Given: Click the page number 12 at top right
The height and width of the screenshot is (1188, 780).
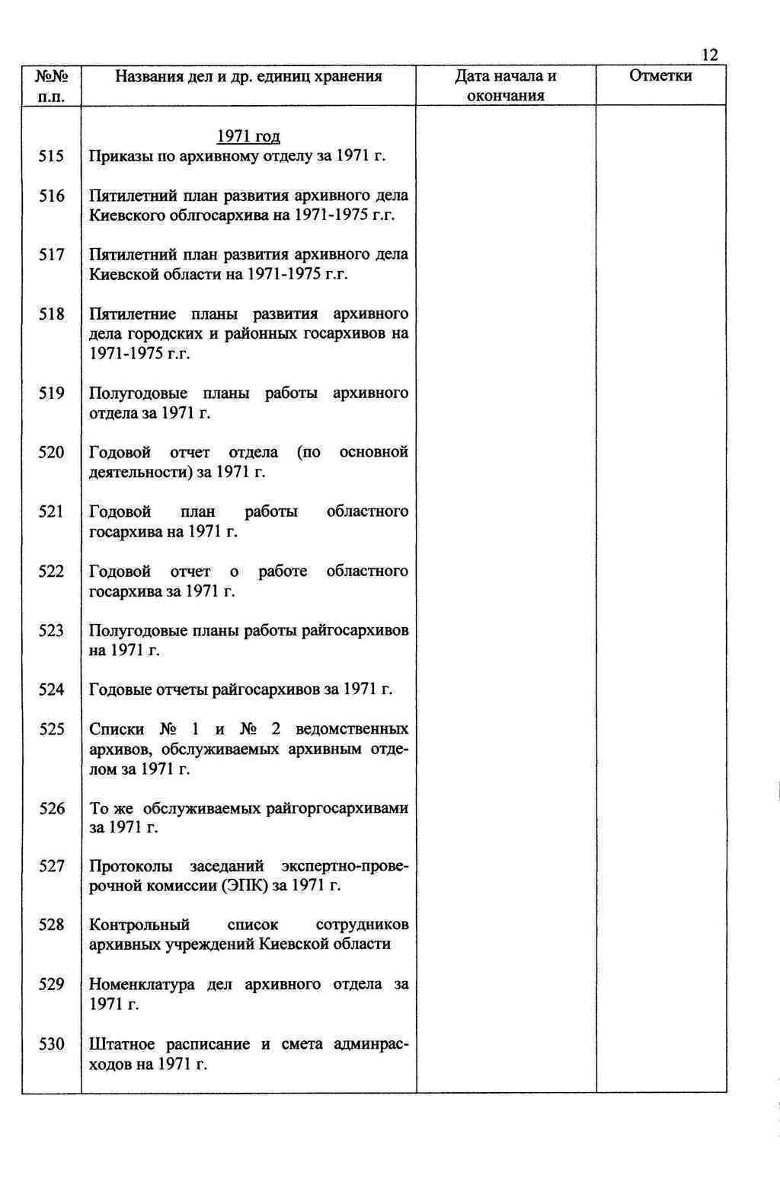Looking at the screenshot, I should [709, 55].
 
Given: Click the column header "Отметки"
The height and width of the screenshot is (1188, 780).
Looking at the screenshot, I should [660, 75].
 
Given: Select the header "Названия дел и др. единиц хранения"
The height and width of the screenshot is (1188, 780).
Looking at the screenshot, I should [248, 76].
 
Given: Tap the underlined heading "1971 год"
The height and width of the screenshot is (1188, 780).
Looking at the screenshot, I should [248, 137].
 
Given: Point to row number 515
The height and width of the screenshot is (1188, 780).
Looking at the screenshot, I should [52, 157].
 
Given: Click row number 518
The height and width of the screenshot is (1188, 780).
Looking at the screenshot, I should [52, 314].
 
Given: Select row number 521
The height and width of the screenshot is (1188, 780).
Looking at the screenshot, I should [52, 511].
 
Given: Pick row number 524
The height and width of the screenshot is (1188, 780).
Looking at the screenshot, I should [52, 690].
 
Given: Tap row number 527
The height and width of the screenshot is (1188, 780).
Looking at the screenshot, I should [52, 866].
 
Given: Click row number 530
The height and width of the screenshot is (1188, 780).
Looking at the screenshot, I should [52, 1044].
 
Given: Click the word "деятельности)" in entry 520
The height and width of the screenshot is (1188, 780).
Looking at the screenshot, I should [140, 473].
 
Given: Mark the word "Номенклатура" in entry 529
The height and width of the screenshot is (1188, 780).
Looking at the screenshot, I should [142, 985].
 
